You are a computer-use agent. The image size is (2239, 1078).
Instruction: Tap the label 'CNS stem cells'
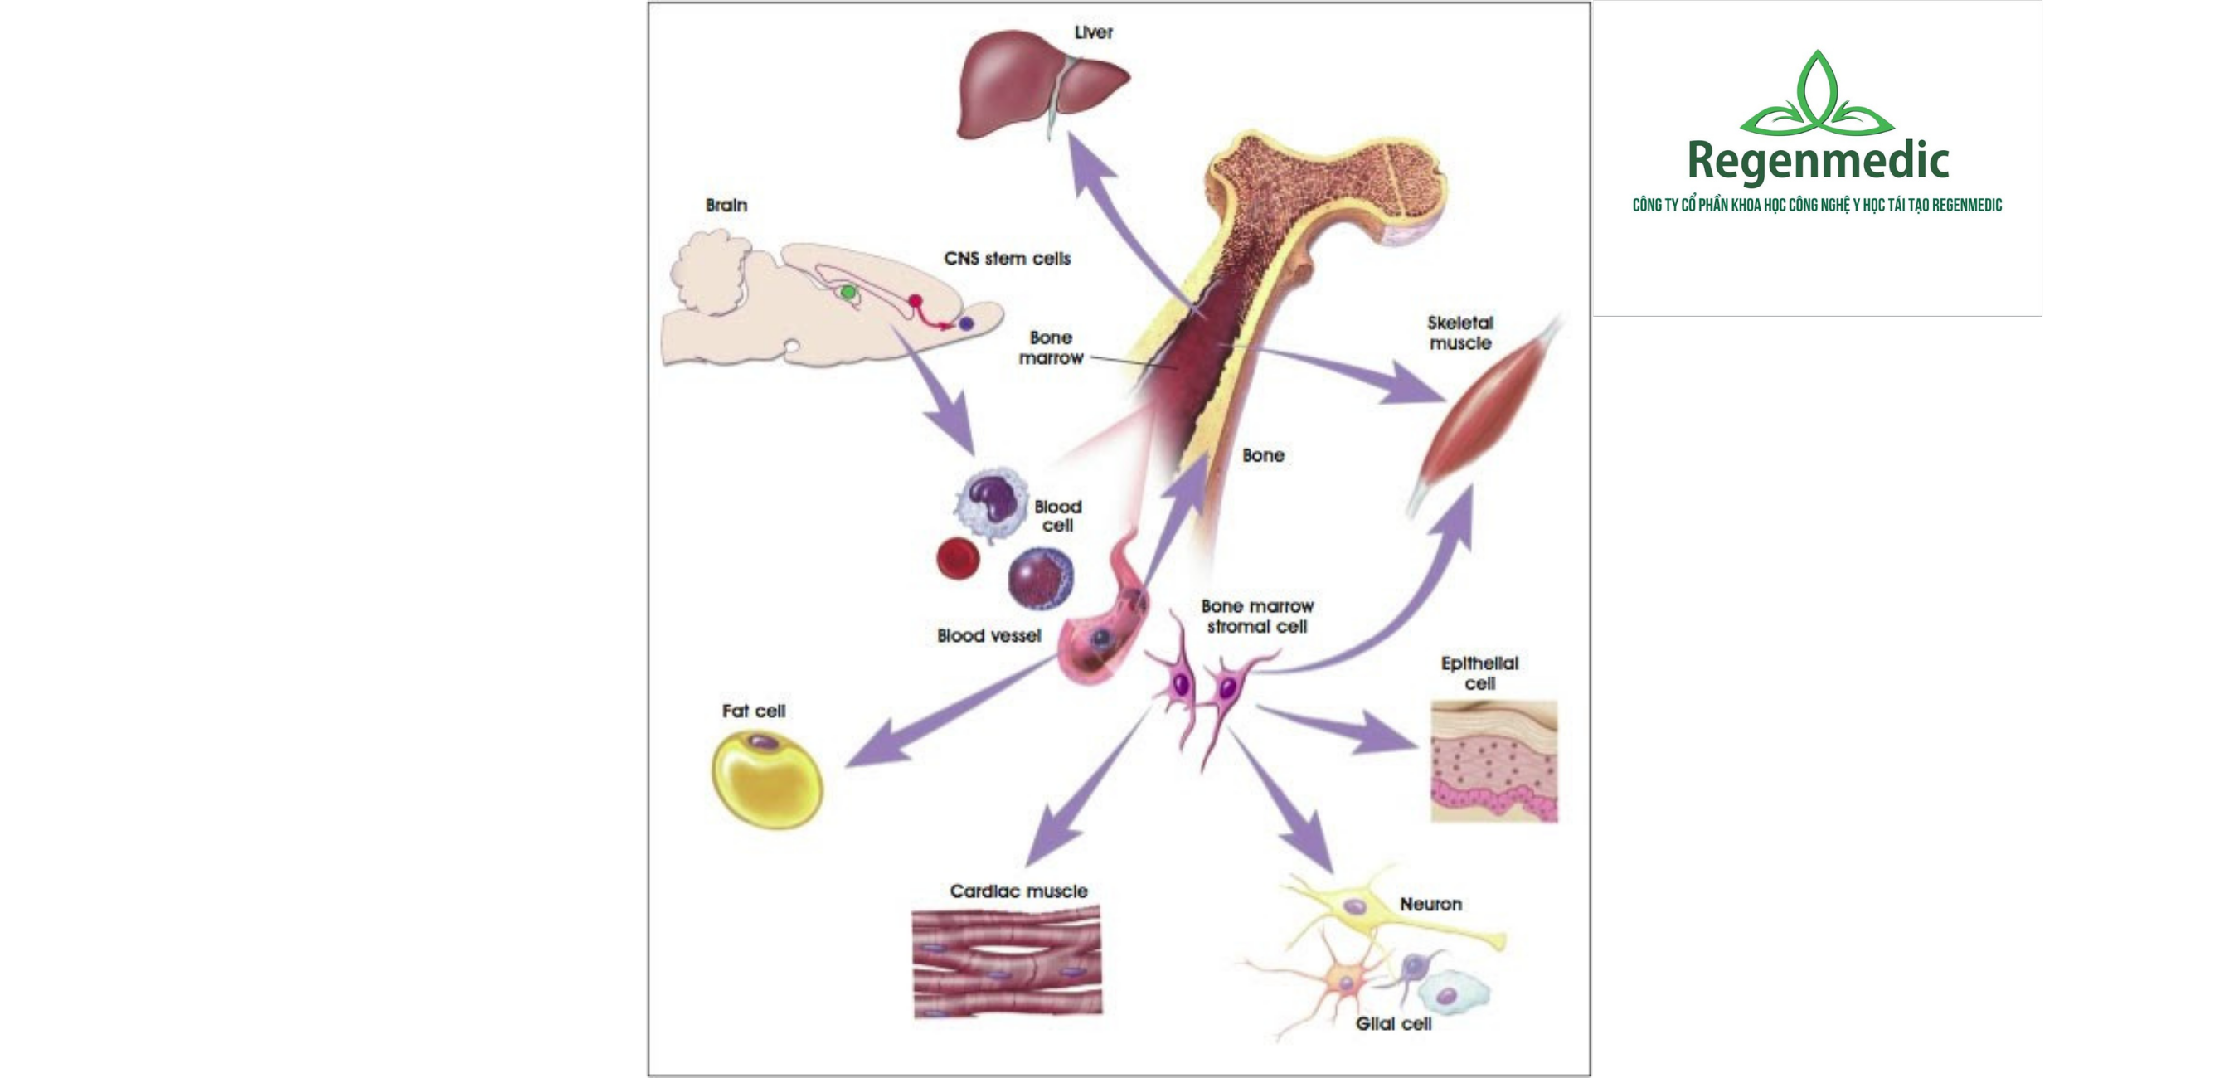click(1007, 258)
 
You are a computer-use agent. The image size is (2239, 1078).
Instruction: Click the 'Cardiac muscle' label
click(1018, 891)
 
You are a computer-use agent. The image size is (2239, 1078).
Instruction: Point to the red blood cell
click(958, 558)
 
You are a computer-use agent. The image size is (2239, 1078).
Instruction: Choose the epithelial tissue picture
click(1493, 761)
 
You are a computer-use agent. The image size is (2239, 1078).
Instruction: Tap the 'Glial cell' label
click(1393, 1024)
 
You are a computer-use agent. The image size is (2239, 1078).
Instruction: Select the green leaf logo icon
click(1817, 95)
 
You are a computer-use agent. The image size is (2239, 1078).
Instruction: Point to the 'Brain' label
click(726, 205)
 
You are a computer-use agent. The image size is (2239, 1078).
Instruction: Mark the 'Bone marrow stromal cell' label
click(1257, 615)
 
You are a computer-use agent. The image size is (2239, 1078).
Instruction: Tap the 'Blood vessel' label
click(988, 635)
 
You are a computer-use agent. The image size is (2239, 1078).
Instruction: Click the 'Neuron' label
click(1430, 904)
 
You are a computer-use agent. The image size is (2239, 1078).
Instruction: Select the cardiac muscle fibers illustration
click(1007, 960)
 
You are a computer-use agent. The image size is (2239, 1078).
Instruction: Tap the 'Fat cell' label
click(754, 711)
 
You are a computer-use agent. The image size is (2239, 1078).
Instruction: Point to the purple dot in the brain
click(965, 323)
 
